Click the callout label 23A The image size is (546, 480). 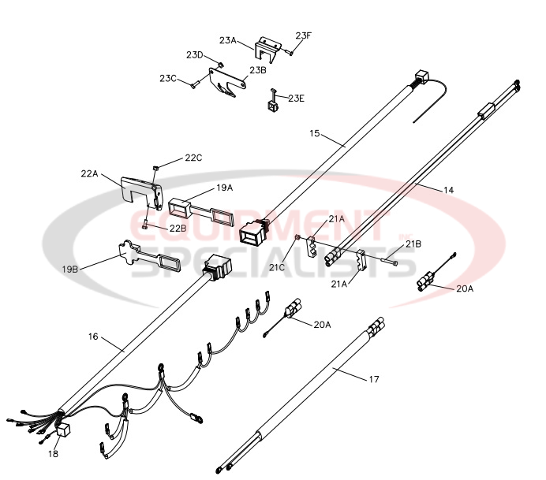click(x=228, y=39)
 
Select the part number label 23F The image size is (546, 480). click(x=304, y=35)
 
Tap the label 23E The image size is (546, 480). click(x=296, y=99)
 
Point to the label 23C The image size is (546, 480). click(x=167, y=78)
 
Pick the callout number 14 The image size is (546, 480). click(x=448, y=189)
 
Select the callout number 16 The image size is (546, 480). click(x=93, y=337)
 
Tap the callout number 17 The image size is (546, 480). click(x=373, y=379)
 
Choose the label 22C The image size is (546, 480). click(x=194, y=158)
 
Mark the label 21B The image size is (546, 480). click(x=413, y=244)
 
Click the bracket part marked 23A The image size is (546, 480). click(x=268, y=48)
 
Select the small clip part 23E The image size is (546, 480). click(x=274, y=101)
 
